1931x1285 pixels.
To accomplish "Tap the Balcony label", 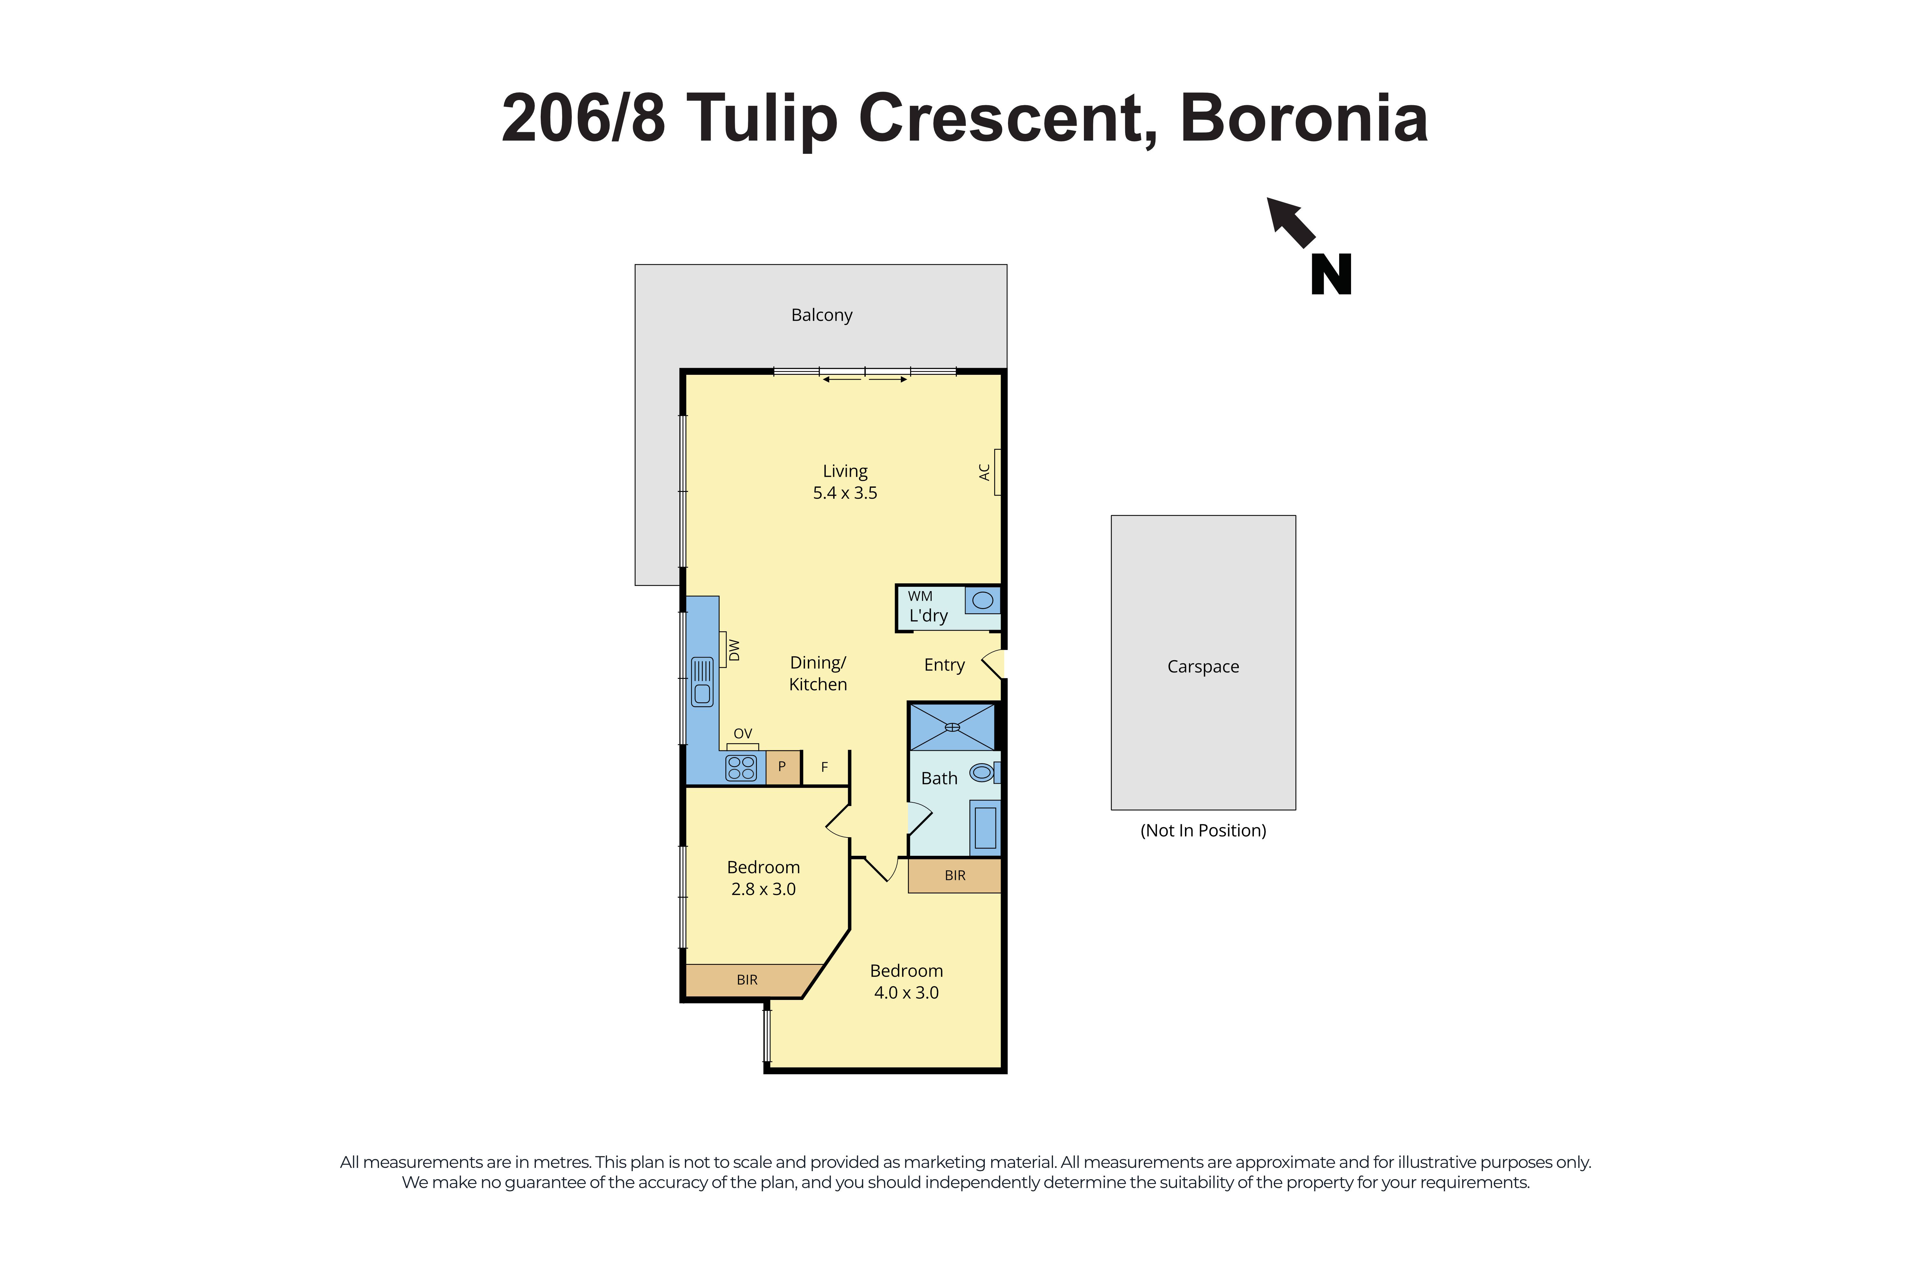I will pos(821,315).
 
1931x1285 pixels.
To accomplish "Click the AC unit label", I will pos(984,472).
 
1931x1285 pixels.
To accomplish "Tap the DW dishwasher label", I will pos(734,650).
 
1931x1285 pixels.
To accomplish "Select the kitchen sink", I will pos(703,681).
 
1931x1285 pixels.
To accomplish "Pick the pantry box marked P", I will pos(782,767).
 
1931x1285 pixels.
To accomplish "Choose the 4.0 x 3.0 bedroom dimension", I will pos(906,993).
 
